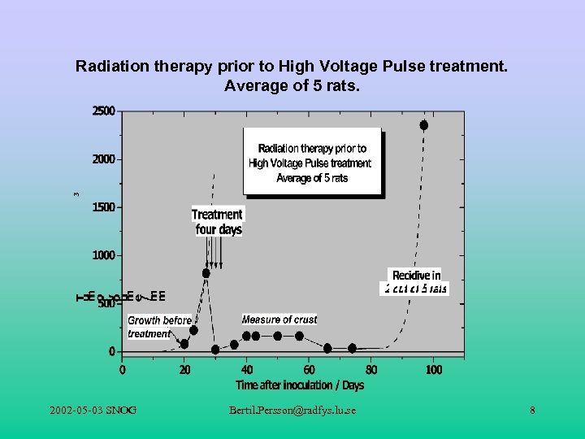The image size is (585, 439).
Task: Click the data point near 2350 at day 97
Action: pyautogui.click(x=423, y=125)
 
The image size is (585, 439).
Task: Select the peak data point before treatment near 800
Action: pyautogui.click(x=206, y=273)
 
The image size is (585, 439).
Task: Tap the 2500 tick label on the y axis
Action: pyautogui.click(x=102, y=111)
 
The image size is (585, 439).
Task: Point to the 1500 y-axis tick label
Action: pyautogui.click(x=102, y=207)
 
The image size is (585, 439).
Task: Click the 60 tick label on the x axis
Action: pyautogui.click(x=310, y=370)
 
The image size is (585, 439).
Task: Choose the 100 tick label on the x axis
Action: pyautogui.click(x=434, y=370)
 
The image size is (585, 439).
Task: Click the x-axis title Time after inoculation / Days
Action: pyautogui.click(x=300, y=385)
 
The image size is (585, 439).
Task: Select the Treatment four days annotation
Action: pyautogui.click(x=217, y=222)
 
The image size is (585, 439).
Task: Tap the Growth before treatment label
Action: pyautogui.click(x=159, y=327)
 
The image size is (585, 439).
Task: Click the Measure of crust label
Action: pyautogui.click(x=279, y=319)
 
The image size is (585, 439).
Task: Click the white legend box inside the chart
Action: pyautogui.click(x=312, y=162)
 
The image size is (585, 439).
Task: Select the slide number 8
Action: pyautogui.click(x=532, y=411)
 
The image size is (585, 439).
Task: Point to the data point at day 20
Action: pyautogui.click(x=184, y=344)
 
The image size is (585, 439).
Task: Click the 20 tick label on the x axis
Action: pyautogui.click(x=184, y=370)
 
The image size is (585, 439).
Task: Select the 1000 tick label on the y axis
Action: pyautogui.click(x=102, y=255)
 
